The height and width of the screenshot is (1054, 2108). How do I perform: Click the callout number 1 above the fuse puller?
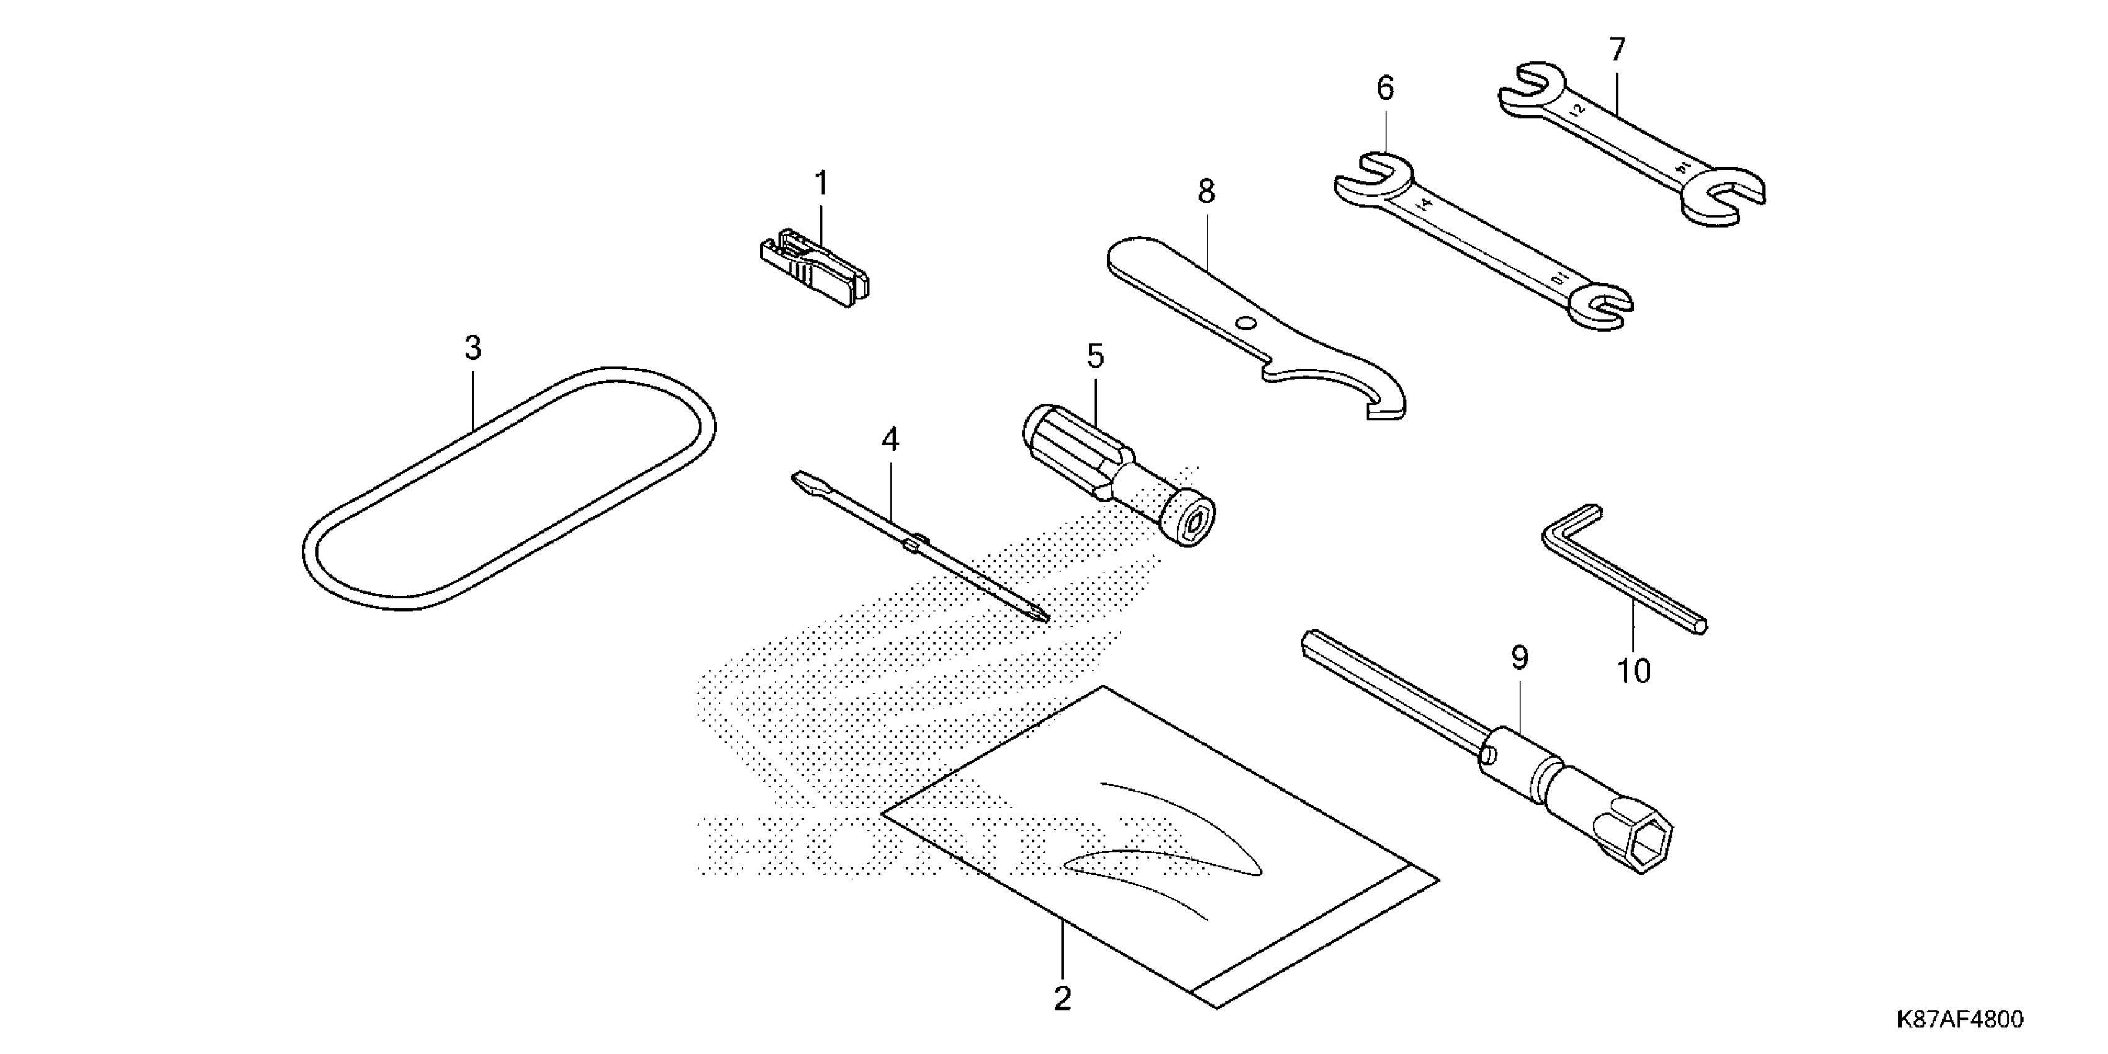coord(821,184)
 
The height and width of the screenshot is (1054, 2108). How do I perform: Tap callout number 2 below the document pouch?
coord(1062,998)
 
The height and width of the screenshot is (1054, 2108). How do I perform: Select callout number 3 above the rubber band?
coord(472,348)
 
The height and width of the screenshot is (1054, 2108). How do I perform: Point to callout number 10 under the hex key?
coord(1633,671)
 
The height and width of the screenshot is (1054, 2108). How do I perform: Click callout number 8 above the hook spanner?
coord(1206,192)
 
